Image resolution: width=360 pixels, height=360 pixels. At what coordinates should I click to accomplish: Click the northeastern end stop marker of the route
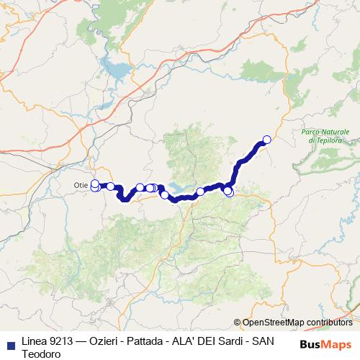click(x=267, y=140)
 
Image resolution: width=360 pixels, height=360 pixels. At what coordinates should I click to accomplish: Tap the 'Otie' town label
click(x=81, y=185)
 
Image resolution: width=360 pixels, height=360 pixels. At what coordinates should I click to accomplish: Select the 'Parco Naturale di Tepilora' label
click(x=325, y=135)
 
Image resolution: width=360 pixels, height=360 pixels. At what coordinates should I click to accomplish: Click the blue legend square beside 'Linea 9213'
click(x=10, y=344)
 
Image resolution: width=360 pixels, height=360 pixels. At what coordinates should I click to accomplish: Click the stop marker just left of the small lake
click(x=165, y=194)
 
